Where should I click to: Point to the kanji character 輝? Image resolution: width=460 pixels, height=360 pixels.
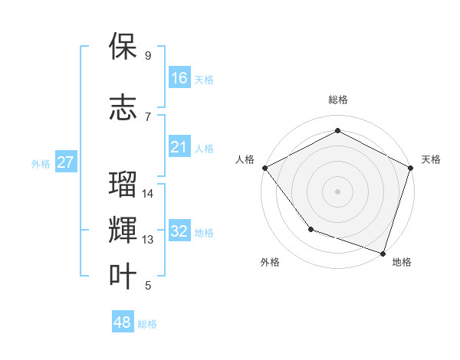click(x=123, y=231)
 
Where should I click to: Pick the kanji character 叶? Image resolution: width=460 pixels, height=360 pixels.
click(x=123, y=277)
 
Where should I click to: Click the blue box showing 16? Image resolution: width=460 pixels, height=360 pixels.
click(x=179, y=78)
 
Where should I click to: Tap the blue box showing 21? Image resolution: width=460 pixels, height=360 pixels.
click(x=179, y=147)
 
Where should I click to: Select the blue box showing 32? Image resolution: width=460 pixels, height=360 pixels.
click(x=179, y=231)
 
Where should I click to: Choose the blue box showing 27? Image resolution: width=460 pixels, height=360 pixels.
click(x=66, y=162)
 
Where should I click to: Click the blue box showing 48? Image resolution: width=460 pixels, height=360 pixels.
click(x=123, y=322)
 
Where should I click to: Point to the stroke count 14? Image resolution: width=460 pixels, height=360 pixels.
click(x=148, y=194)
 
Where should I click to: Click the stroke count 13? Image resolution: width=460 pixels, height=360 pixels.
click(x=148, y=240)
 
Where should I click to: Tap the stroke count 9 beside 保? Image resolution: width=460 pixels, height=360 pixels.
click(x=148, y=56)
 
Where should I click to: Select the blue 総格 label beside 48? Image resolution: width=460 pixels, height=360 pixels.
click(x=147, y=324)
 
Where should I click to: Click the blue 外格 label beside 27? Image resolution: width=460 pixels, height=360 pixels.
click(x=41, y=163)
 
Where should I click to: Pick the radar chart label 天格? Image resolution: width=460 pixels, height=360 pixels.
click(x=431, y=159)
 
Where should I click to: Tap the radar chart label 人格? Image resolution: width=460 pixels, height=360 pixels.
click(x=245, y=159)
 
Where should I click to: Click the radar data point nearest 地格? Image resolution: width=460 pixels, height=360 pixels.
click(x=383, y=252)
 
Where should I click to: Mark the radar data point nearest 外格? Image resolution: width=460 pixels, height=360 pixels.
click(x=310, y=228)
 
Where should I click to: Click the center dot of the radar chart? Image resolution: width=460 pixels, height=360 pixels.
click(x=337, y=191)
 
